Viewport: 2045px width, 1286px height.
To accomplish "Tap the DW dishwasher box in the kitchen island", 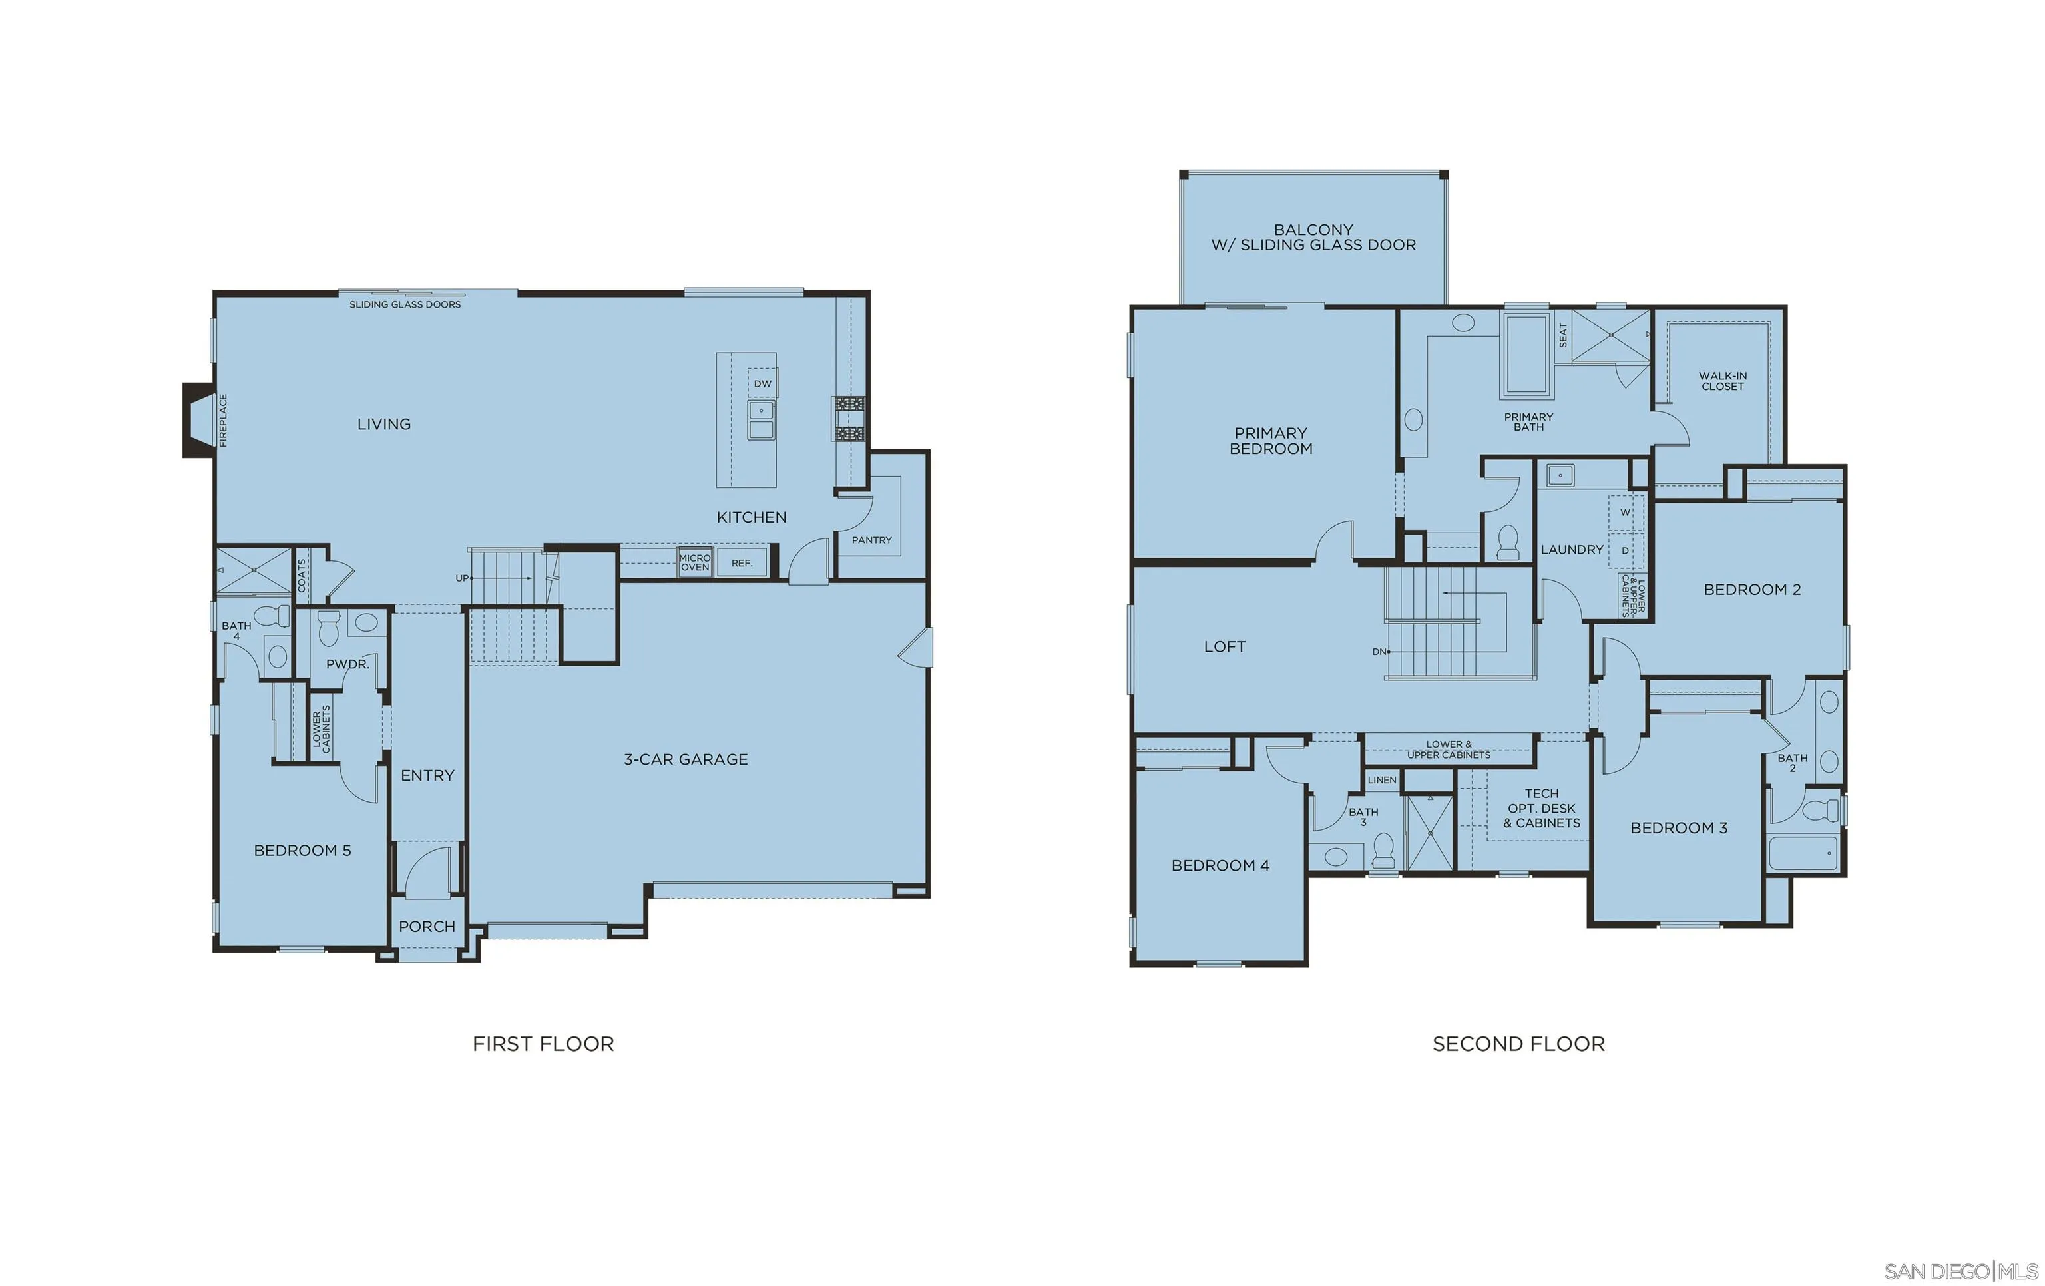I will pos(763,384).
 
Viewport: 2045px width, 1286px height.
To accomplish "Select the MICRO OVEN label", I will pos(695,562).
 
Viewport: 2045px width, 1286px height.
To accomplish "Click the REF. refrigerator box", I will pos(742,562).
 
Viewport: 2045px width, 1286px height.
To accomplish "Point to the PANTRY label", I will pos(871,540).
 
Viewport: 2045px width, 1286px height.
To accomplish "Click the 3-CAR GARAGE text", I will pos(686,759).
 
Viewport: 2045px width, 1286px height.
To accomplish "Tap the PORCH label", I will pos(427,927).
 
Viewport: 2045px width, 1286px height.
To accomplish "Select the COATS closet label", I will pos(302,575).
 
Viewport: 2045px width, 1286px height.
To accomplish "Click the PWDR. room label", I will pos(347,664).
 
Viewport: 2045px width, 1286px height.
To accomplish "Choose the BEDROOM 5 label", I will pos(302,850).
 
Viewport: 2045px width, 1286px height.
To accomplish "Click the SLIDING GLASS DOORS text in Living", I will pos(405,304).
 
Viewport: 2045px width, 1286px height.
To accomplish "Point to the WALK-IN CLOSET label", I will pos(1722,381).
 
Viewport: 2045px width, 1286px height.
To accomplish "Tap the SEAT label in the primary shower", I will pos(1562,335).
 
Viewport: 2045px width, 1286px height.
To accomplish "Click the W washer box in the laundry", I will pos(1625,512).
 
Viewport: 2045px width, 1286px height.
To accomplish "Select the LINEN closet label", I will pos(1382,779).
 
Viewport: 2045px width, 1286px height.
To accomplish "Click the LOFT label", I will pos(1225,646).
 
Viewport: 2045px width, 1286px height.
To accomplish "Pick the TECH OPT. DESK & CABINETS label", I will pos(1541,808).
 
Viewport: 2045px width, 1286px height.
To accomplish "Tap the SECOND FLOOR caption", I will pos(1518,1044).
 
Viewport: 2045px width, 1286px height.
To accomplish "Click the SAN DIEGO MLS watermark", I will pos(1960,1271).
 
